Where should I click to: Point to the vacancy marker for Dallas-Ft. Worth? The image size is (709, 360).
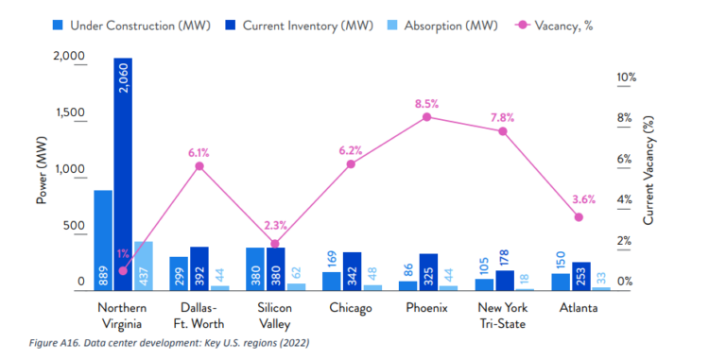(199, 166)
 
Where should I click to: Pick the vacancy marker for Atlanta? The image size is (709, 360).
(579, 217)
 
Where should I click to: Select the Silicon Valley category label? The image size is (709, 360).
(275, 316)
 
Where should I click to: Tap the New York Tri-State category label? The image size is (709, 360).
(502, 316)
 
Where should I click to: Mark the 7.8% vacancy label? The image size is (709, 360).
(503, 117)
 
